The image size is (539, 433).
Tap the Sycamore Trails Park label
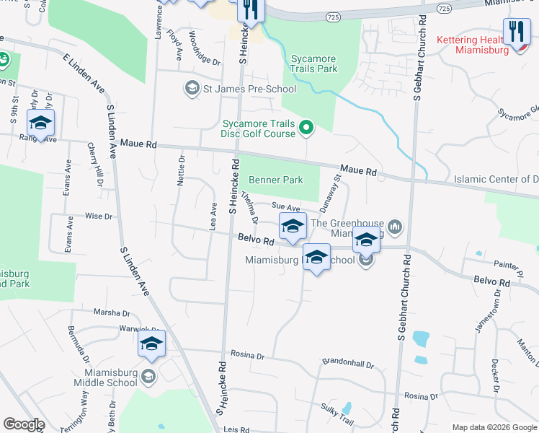tap(313, 64)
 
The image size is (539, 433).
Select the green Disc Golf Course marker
tap(306, 129)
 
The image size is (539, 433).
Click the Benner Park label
tap(276, 180)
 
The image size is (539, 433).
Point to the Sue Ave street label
tap(285, 208)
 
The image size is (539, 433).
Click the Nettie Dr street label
tap(182, 170)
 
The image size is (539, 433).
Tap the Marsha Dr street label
tap(112, 313)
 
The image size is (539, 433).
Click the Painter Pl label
tap(509, 268)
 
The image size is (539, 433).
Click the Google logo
tap(23, 424)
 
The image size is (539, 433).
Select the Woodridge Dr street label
tap(204, 48)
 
